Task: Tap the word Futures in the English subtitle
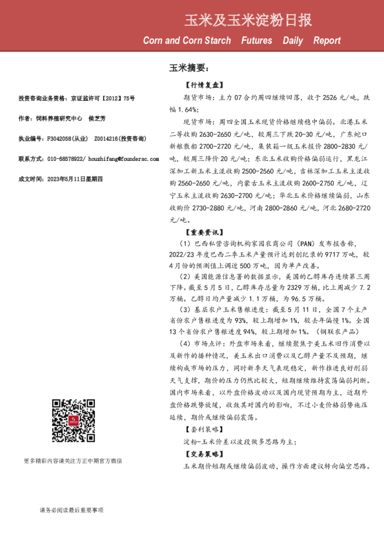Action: click(256, 40)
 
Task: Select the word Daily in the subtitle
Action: click(292, 40)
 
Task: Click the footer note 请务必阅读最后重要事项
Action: click(71, 510)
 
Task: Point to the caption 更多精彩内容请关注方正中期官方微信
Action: click(72, 460)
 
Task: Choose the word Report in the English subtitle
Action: click(327, 40)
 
